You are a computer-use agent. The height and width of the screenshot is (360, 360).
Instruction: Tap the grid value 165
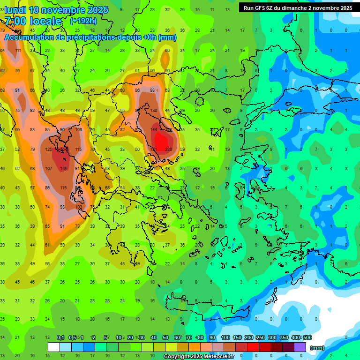point(64,169)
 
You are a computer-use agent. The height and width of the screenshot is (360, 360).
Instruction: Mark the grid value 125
point(49,150)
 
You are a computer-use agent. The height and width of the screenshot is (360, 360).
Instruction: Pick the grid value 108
point(79,130)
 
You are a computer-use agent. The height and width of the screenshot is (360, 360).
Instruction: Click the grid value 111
point(18,51)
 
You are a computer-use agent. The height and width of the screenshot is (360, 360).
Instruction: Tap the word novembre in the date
point(62,10)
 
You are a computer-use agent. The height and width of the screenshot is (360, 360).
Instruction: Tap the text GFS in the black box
point(262,8)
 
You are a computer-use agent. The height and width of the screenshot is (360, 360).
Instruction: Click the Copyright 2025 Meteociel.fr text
point(199,357)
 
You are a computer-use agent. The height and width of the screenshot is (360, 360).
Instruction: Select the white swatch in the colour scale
point(53,347)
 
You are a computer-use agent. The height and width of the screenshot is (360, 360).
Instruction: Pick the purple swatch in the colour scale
point(300,347)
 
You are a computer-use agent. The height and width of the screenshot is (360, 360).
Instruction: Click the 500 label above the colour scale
point(307,337)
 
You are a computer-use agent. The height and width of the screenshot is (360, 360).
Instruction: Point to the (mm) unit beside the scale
point(317,348)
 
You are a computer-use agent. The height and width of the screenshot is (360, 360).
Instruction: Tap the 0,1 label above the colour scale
point(60,337)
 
